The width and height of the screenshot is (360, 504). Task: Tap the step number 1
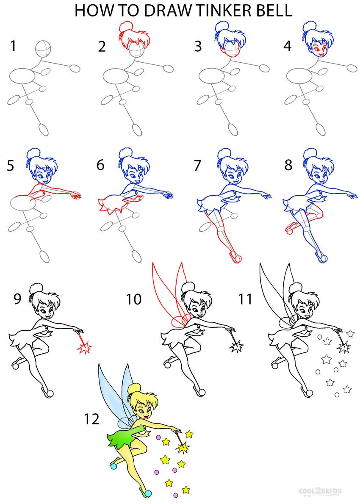pos(14,46)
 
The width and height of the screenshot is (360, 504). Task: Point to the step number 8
pos(288,165)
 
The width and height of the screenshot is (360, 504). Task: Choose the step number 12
pos(91,419)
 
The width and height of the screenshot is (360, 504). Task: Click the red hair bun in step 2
pos(126,28)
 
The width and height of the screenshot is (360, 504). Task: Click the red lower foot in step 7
pos(235,257)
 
